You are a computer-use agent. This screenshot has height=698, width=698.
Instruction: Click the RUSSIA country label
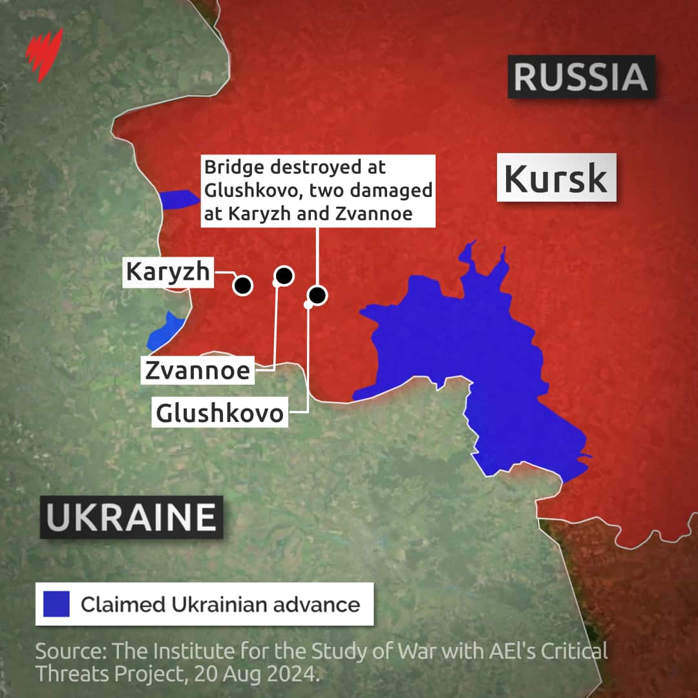point(581,77)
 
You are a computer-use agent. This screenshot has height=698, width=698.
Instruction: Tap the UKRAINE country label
point(132,517)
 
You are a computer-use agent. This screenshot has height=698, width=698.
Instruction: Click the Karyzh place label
point(168,272)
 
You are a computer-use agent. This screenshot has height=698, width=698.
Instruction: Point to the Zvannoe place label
point(197,370)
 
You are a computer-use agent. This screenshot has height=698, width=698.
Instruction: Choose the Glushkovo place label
point(220,412)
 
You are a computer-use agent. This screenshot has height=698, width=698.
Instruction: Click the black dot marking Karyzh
point(243,285)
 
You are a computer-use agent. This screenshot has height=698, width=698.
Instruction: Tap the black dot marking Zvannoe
point(284,276)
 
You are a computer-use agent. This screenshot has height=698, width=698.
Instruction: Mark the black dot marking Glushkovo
point(317,295)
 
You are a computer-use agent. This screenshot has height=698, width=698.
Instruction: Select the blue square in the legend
point(56,604)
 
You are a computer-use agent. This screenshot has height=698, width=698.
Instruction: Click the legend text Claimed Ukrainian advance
point(220,604)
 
